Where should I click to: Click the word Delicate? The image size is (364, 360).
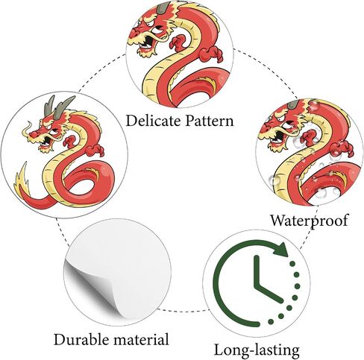tap(154, 121)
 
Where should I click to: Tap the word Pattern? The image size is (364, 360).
tap(210, 121)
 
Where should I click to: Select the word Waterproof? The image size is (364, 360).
tap(309, 221)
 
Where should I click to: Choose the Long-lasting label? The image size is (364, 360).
tap(257, 350)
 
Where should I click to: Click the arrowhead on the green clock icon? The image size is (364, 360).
tap(281, 250)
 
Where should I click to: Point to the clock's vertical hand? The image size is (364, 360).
tap(257, 271)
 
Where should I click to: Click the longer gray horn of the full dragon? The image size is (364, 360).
tap(63, 107)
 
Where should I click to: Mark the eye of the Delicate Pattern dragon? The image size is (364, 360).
tap(157, 31)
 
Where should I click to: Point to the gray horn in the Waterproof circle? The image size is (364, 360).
tap(293, 104)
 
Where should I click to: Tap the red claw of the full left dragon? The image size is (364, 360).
tap(95, 150)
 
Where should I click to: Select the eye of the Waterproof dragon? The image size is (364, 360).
tap(286, 124)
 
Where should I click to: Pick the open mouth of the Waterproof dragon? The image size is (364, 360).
tap(278, 137)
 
